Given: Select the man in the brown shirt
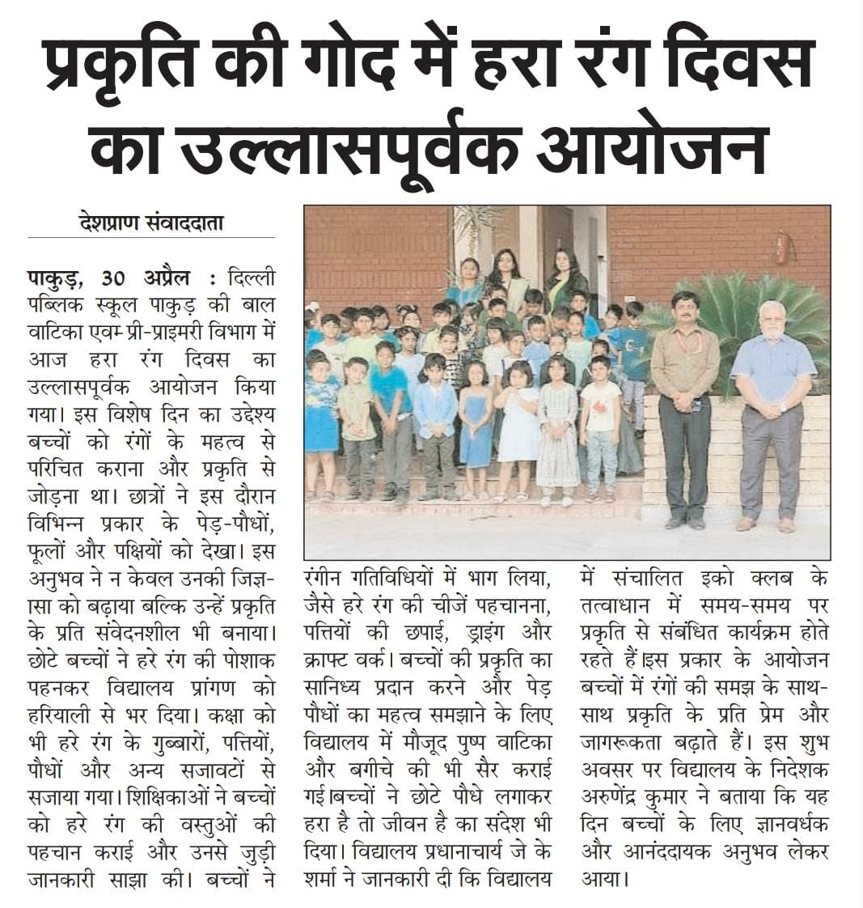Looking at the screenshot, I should tap(684, 405).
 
